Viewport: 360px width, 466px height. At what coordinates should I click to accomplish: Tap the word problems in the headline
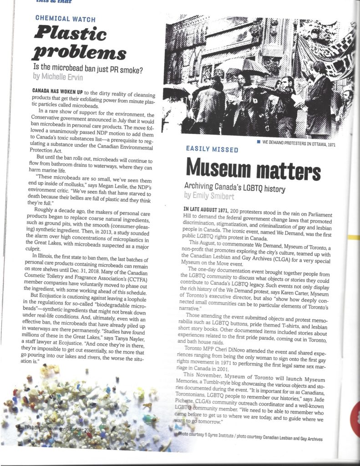coord(79,53)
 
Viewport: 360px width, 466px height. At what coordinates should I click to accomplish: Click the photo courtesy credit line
coord(250,439)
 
